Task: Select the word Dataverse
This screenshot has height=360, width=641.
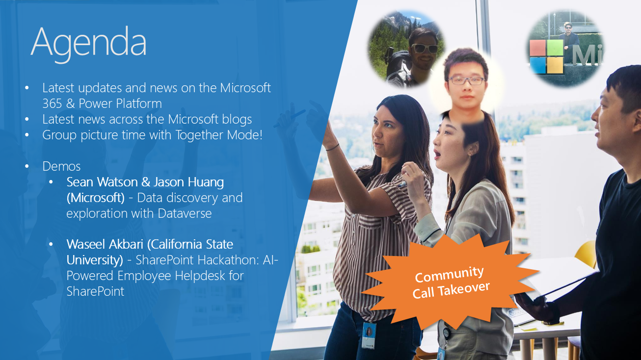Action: [x=185, y=213]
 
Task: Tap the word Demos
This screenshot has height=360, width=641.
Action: [x=61, y=166]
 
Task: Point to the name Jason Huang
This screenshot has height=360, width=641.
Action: [x=188, y=182]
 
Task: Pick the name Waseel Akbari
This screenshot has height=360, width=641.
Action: [x=105, y=244]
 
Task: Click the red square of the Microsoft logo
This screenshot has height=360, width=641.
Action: [x=538, y=48]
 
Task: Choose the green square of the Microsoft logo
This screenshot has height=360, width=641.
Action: [x=555, y=47]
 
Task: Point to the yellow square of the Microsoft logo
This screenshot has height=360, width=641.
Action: [x=555, y=65]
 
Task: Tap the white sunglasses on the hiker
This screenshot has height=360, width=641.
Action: [x=425, y=49]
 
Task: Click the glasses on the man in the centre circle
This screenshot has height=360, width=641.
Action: [x=466, y=80]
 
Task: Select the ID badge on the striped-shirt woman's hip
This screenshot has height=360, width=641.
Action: [x=369, y=335]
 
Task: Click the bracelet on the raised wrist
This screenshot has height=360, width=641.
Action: [x=332, y=148]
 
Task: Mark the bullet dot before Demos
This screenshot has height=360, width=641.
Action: [x=27, y=166]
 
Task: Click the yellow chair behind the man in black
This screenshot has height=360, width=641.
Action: [x=586, y=254]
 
